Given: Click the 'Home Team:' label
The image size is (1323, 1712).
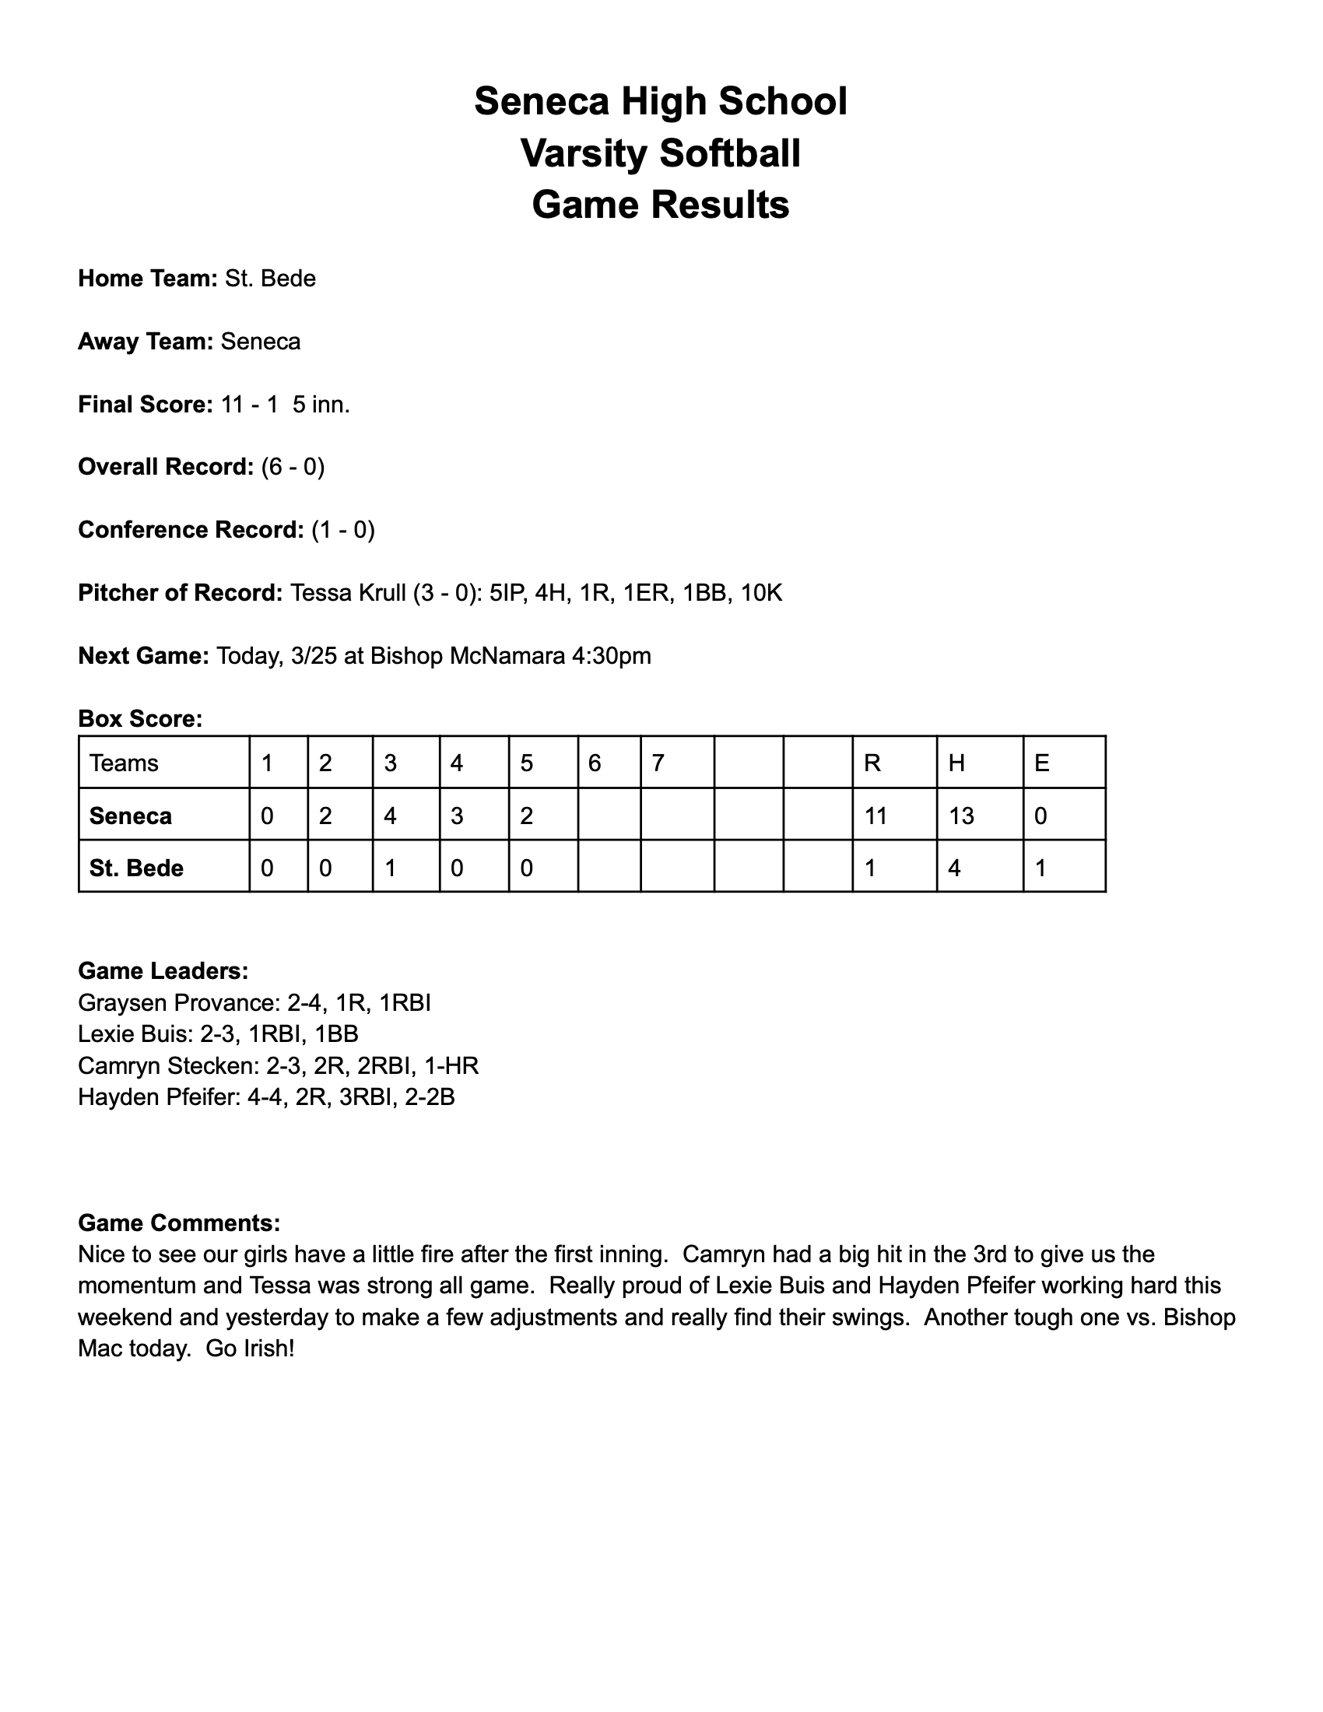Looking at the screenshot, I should point(146,279).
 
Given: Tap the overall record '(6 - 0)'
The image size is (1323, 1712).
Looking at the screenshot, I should point(293,467).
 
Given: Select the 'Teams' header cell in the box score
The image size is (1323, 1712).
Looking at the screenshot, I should point(124,763).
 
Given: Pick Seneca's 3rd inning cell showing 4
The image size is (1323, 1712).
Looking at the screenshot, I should point(391,816).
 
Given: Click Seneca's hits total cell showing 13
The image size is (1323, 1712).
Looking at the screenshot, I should point(961,816).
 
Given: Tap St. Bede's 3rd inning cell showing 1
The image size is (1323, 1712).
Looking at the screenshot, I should point(391,868).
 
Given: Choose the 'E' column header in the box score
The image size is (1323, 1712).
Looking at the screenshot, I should point(1041,763).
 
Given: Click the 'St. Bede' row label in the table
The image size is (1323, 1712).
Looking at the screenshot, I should point(136,868).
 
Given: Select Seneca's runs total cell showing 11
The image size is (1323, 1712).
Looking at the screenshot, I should point(876,816).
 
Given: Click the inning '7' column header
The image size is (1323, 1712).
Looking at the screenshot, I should point(658,763).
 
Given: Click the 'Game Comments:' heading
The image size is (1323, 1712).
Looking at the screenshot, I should point(179,1223).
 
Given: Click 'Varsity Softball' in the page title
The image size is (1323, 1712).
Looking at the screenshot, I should point(661,153).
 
